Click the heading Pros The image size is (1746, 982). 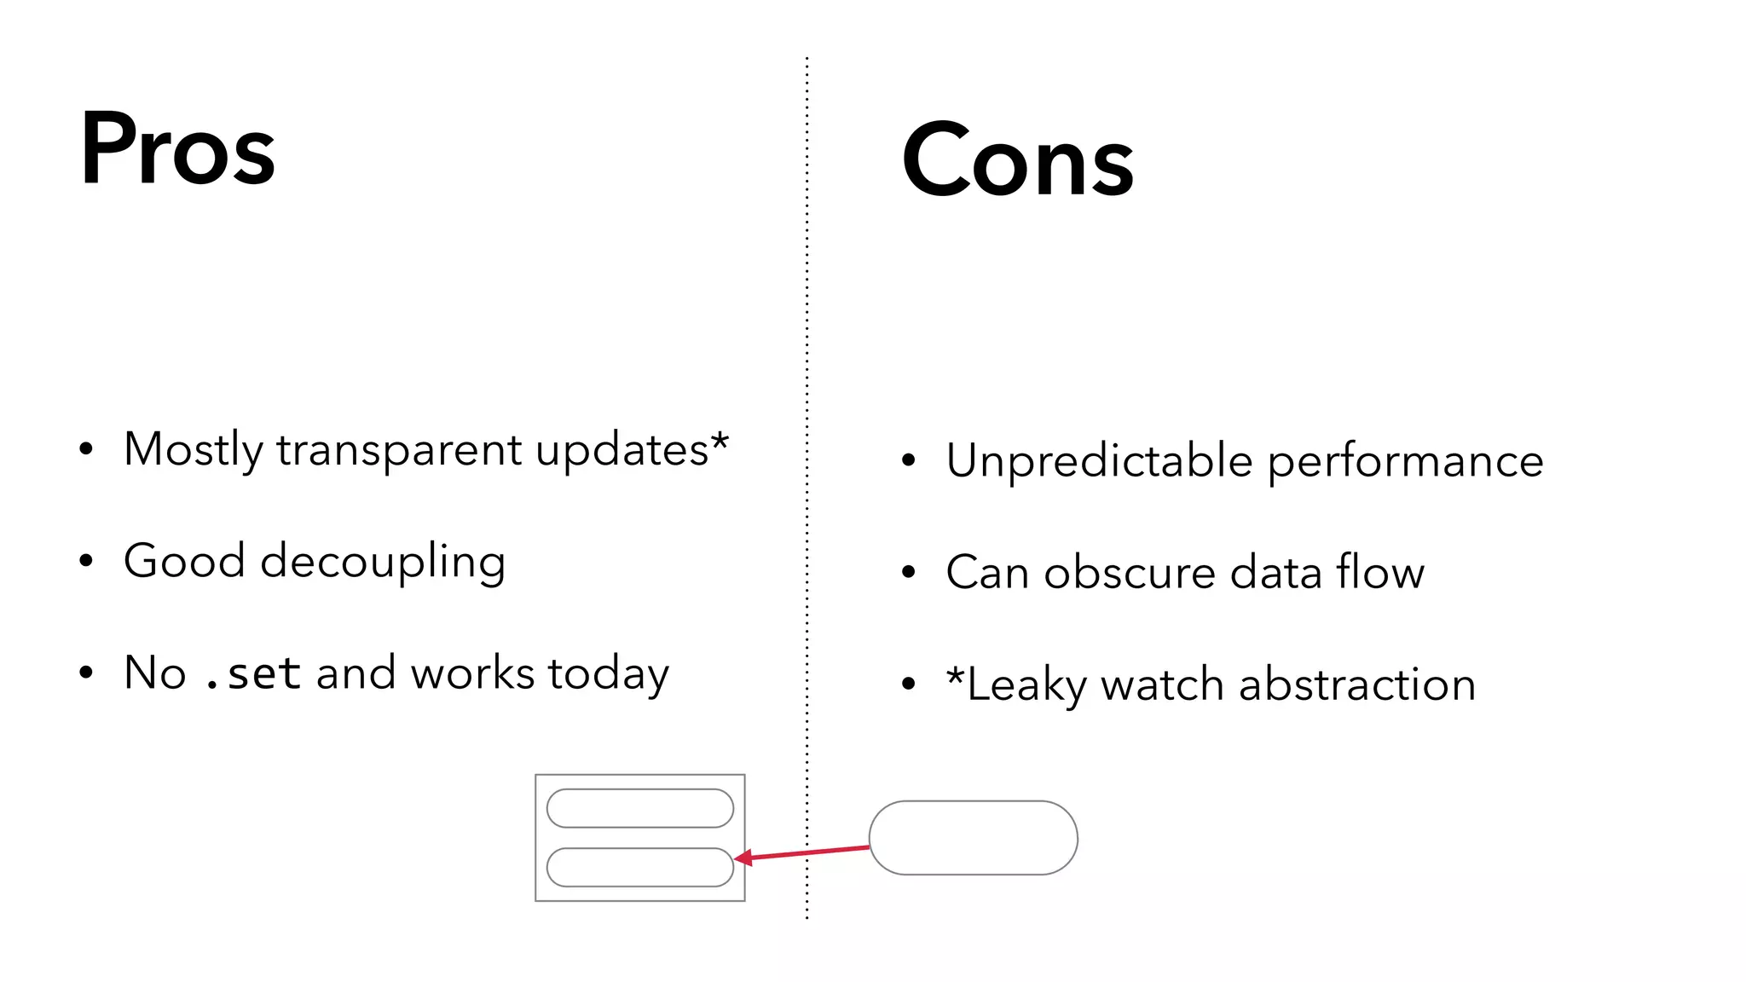[x=177, y=149]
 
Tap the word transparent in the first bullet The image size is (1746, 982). [x=399, y=449]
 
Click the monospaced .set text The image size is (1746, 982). [x=253, y=673]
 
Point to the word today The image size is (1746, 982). [x=608, y=673]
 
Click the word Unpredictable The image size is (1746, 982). [x=1099, y=461]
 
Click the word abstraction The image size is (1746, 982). [x=1356, y=685]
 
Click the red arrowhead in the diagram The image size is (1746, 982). [x=743, y=858]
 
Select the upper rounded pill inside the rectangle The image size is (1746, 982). [x=639, y=808]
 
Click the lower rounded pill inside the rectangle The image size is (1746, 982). [x=639, y=867]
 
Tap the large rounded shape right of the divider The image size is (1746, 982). [x=973, y=837]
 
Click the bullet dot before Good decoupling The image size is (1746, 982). [x=85, y=561]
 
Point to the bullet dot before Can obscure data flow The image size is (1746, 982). [x=908, y=572]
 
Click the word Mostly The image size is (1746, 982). [x=194, y=450]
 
